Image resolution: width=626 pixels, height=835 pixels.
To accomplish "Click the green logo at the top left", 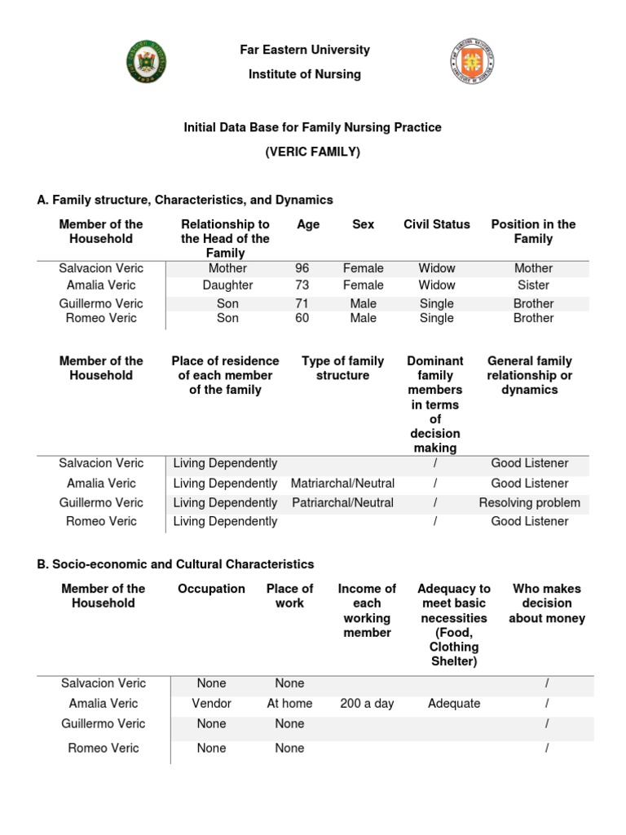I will click(x=147, y=62).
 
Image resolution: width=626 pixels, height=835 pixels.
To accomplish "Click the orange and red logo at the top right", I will click(x=472, y=62).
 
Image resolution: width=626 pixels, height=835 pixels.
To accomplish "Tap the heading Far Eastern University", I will click(x=305, y=50).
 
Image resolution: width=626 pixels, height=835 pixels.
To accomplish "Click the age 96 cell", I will click(x=302, y=268).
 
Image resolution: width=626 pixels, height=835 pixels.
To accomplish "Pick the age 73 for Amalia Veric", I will click(x=302, y=285).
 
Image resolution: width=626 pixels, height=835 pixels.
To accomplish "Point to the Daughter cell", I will click(x=227, y=285).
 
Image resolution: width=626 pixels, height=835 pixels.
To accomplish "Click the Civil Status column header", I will click(x=437, y=224).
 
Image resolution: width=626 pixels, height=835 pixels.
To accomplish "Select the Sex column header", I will click(x=363, y=224).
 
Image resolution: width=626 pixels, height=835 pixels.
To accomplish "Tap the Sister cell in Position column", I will click(x=533, y=285).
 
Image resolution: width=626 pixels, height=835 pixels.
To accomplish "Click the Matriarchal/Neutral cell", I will click(x=342, y=484).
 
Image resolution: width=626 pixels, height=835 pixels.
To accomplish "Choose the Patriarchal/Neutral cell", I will click(x=342, y=503).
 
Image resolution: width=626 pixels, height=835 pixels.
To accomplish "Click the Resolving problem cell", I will click(x=530, y=503).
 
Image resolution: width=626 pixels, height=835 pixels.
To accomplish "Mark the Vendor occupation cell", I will click(x=211, y=703).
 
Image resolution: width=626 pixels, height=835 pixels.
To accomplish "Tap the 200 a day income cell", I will click(x=367, y=703).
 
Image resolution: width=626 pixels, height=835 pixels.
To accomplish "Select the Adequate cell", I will click(x=454, y=703).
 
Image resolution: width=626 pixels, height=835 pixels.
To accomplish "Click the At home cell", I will click(x=290, y=703).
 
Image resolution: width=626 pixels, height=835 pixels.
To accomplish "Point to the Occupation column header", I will click(x=211, y=589).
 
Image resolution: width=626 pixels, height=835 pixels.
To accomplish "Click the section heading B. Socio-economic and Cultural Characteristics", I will click(x=175, y=564).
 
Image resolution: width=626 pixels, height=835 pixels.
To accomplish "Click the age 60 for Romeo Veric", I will click(x=302, y=318).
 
